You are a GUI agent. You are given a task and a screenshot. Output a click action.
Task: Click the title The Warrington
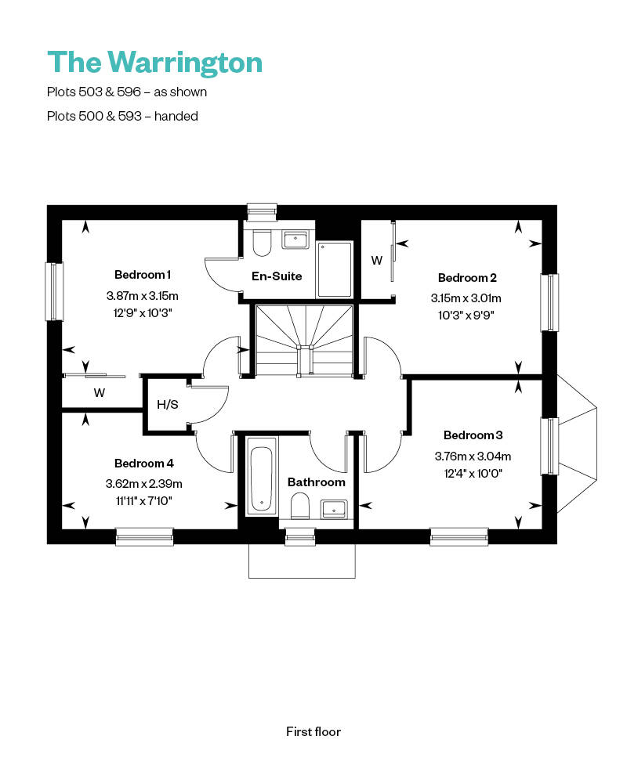[154, 62]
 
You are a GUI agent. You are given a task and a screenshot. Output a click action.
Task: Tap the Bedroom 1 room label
[143, 274]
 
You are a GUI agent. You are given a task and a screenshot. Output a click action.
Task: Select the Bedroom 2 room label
[467, 277]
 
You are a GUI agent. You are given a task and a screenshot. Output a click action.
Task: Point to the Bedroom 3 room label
[473, 435]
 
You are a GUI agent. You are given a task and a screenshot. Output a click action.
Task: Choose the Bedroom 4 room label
[143, 463]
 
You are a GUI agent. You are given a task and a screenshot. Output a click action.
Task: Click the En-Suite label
[277, 276]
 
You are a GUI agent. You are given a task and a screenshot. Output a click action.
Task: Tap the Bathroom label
[316, 482]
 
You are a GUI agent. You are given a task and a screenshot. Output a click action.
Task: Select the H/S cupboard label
[167, 405]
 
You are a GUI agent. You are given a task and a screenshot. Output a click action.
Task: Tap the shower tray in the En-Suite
[335, 269]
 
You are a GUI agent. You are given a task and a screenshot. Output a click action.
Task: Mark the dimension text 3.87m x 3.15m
[143, 296]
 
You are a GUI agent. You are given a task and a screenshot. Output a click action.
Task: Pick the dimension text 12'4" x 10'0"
[473, 473]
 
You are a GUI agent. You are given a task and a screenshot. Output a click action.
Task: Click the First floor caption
[313, 732]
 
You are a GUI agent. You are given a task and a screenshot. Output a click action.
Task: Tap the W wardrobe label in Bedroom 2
[376, 261]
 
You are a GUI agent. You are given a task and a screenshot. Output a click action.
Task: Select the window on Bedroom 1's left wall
[54, 291]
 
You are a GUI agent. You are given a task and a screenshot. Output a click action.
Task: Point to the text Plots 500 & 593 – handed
[122, 116]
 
